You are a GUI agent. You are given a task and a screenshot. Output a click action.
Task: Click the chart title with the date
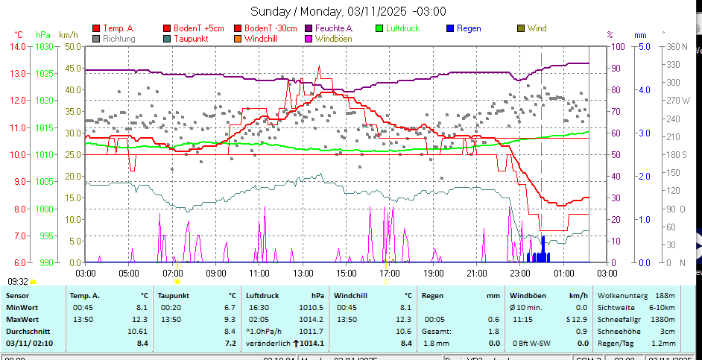tap(348, 11)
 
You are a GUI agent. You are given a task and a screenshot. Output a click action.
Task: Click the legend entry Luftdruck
tap(402, 28)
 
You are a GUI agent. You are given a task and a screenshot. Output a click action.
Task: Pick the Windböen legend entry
tap(333, 39)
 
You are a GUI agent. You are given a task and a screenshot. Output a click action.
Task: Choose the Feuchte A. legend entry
tap(329, 28)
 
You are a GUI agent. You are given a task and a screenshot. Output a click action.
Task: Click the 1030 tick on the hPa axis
tap(44, 46)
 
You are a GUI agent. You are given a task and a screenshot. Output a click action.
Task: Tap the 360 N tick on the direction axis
tap(677, 46)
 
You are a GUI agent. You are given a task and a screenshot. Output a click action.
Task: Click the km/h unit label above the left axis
tap(68, 35)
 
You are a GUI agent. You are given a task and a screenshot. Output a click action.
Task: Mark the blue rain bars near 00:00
tap(540, 255)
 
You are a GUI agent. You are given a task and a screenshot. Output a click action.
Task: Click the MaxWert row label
tap(23, 319)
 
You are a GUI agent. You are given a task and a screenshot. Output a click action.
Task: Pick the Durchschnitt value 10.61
tap(136, 331)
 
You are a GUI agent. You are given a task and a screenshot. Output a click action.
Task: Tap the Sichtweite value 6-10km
tap(661, 307)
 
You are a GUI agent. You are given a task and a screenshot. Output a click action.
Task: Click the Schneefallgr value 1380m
tap(663, 319)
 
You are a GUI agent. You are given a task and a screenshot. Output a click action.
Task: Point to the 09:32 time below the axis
tap(18, 281)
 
